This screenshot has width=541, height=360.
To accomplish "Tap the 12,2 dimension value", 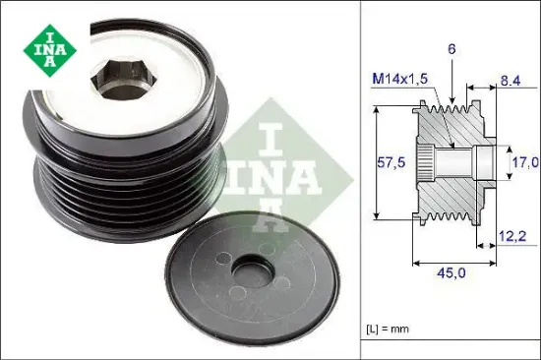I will coord(512,237).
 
